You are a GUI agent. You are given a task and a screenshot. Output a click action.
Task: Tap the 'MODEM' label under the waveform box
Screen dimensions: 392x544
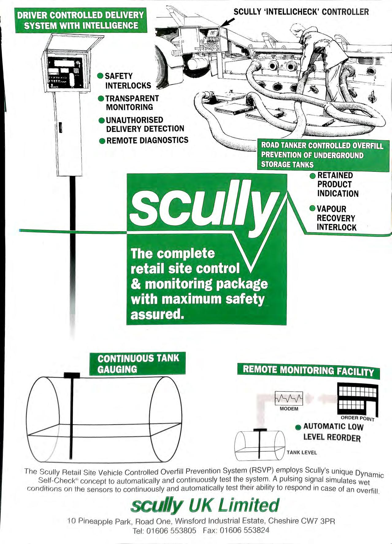(x=289, y=409)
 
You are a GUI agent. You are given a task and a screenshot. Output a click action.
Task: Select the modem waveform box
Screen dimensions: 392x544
(x=289, y=399)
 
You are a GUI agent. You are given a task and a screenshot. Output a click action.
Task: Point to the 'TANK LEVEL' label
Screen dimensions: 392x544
(x=302, y=453)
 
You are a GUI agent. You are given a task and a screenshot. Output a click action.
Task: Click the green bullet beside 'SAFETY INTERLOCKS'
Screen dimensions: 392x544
(x=100, y=76)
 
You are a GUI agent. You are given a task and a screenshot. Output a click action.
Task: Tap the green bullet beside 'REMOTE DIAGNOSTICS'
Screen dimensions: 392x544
(x=102, y=141)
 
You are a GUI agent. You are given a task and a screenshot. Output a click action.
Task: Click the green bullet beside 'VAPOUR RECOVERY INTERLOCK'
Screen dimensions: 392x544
(x=312, y=209)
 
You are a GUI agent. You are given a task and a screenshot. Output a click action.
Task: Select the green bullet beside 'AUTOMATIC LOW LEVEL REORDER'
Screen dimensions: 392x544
(x=298, y=427)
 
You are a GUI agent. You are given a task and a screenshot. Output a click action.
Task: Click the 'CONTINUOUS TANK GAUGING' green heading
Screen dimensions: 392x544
(x=138, y=364)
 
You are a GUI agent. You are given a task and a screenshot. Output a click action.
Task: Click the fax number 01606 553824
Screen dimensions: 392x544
(x=244, y=530)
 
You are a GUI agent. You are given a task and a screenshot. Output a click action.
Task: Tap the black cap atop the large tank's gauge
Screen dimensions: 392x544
(x=72, y=375)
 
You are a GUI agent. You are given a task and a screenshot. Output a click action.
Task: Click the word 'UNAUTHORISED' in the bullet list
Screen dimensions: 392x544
(x=134, y=120)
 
